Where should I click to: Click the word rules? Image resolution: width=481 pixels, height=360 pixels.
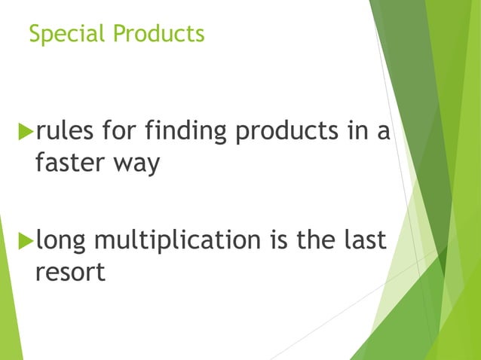pos(63,133)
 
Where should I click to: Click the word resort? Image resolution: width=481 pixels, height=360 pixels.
pos(70,272)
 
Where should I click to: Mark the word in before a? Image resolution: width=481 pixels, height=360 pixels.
pos(358,133)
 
